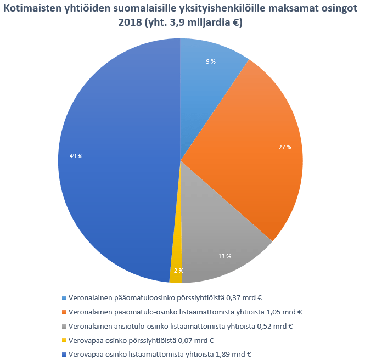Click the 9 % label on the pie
(x=211, y=62)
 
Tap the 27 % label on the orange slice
(x=285, y=147)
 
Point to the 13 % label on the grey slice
(x=224, y=256)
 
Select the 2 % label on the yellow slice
(x=178, y=271)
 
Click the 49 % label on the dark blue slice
(x=76, y=156)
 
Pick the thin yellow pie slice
(x=176, y=276)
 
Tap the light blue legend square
(x=64, y=298)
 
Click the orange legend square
(x=64, y=312)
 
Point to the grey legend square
(x=64, y=327)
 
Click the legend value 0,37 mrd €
(x=244, y=298)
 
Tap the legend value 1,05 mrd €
(x=284, y=312)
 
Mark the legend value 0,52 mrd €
(x=274, y=327)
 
